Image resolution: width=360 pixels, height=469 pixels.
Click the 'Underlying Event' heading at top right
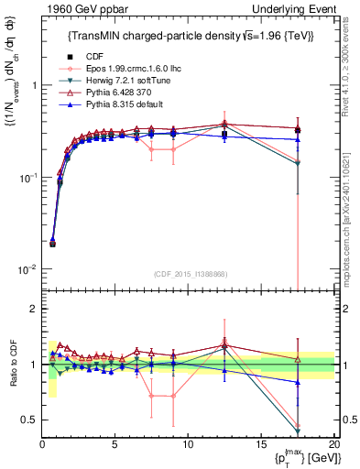(x=293, y=9)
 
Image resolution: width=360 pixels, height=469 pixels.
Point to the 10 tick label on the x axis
(x=188, y=444)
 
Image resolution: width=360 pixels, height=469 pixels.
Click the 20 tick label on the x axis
(x=333, y=444)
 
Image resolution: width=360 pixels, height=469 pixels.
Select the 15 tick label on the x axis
(x=261, y=444)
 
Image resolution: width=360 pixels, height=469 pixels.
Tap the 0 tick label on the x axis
(x=42, y=444)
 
